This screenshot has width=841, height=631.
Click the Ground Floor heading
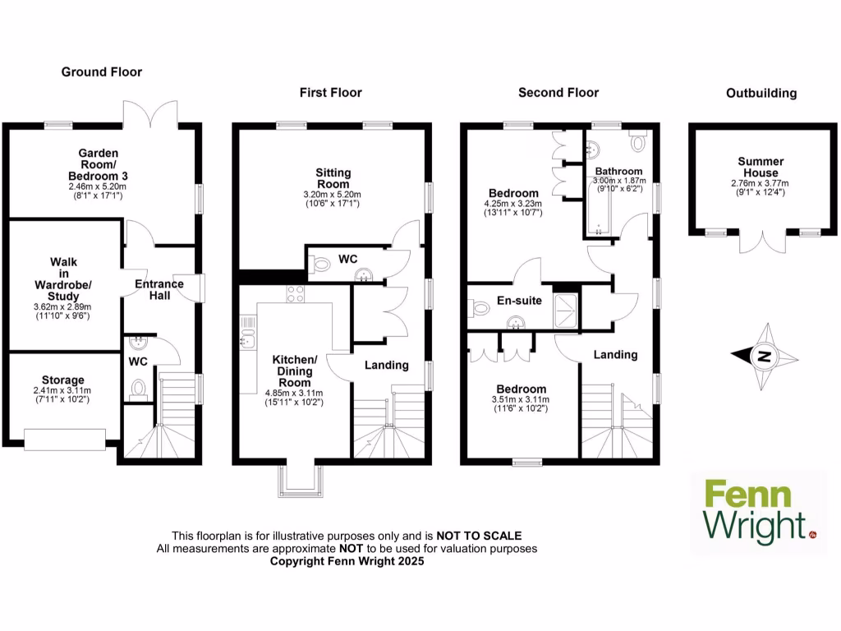[x=102, y=72]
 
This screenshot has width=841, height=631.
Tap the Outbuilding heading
[x=761, y=93]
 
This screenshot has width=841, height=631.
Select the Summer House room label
[x=761, y=167]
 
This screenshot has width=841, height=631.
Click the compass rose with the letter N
[x=763, y=357]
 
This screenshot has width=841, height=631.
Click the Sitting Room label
[x=333, y=178]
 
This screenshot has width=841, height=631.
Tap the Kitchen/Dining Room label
[x=295, y=371]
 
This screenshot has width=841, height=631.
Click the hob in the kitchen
[x=296, y=293]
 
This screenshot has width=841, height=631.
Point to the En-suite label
[x=519, y=301]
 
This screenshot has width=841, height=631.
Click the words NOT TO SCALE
[x=479, y=536]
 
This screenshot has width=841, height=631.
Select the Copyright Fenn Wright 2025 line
[x=347, y=561]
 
